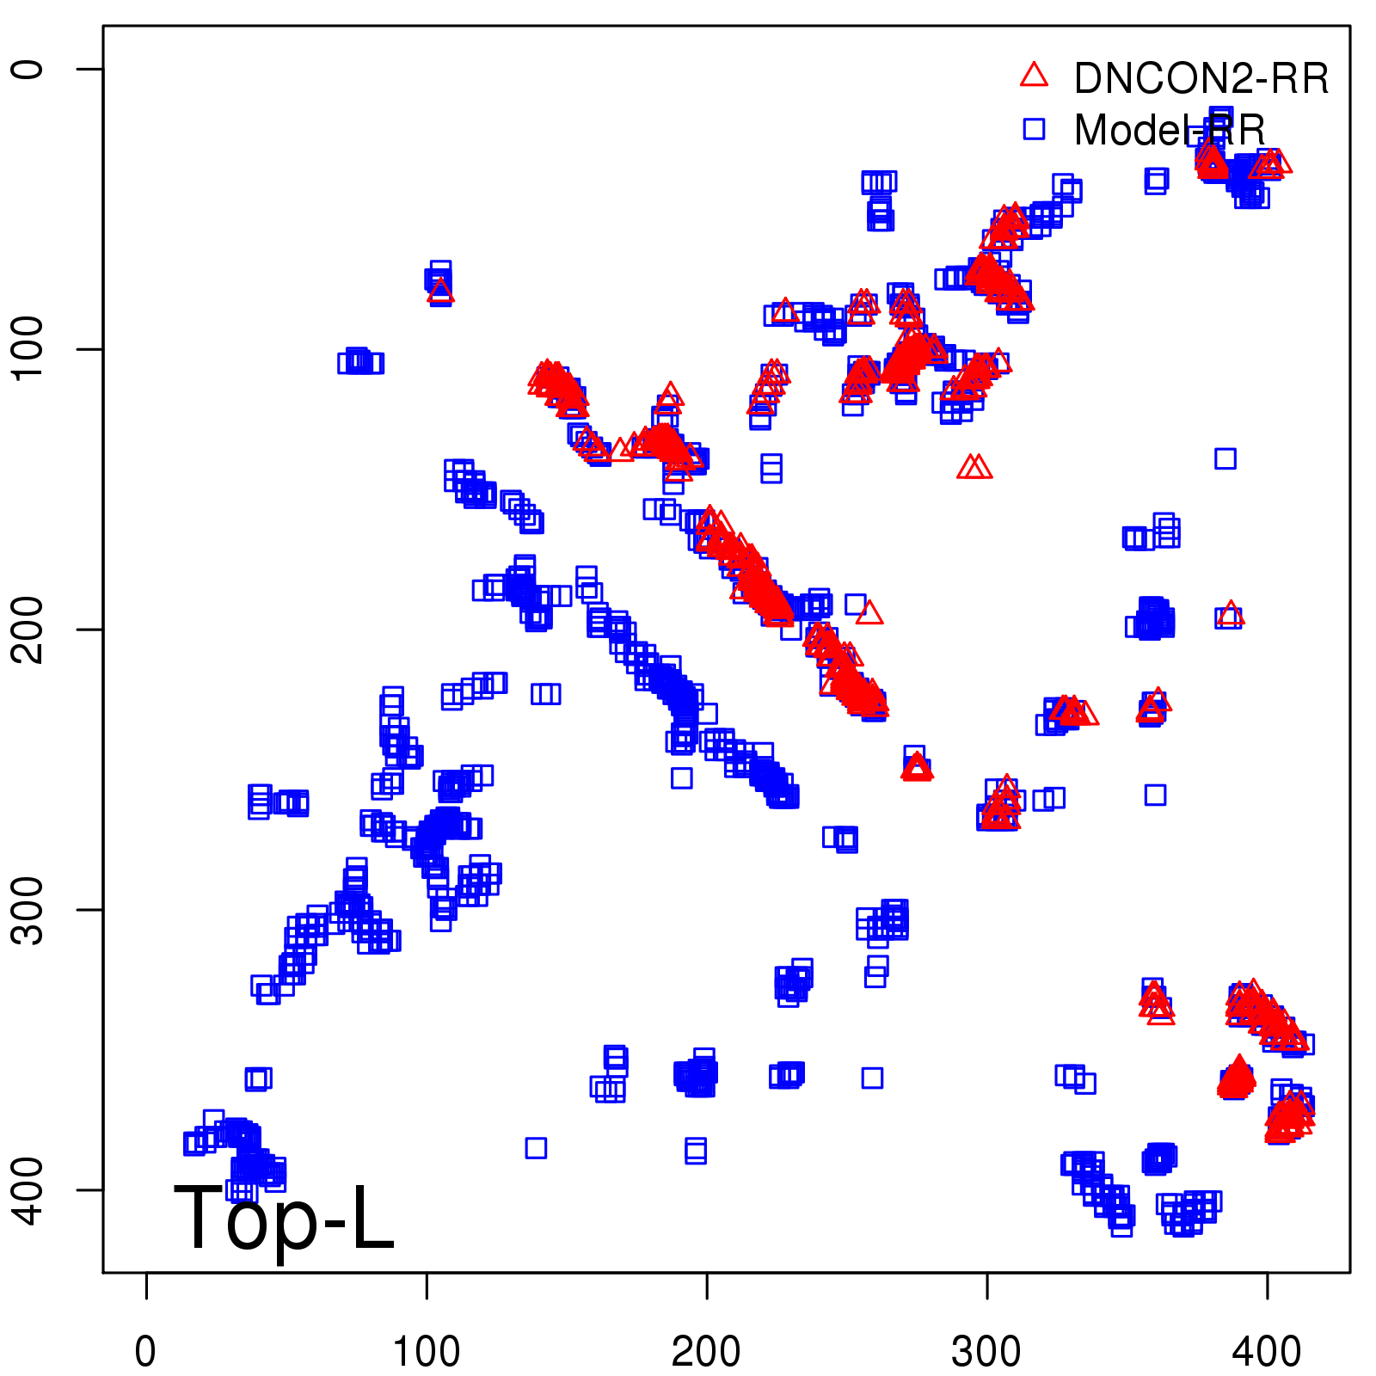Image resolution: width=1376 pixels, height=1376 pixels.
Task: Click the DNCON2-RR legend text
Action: point(1201,78)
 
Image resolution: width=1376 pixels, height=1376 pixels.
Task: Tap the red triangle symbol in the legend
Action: point(1034,76)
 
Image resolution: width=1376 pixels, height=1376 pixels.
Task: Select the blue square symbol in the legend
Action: point(1034,129)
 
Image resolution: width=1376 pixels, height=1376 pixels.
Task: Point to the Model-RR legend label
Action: point(1170,130)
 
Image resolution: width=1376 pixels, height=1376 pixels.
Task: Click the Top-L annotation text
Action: point(284,1218)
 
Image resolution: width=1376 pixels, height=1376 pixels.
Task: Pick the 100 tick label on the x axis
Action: point(427,1351)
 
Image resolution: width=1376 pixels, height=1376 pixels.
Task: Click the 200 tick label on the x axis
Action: point(706,1351)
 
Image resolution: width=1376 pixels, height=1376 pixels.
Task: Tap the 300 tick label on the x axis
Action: point(986,1351)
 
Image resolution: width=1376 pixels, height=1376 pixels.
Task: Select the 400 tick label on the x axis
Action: point(1267,1351)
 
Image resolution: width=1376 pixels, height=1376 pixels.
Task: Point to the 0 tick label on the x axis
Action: point(146,1351)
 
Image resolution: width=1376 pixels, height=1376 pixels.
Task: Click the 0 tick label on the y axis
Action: point(28,69)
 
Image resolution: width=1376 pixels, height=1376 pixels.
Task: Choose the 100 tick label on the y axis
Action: point(28,348)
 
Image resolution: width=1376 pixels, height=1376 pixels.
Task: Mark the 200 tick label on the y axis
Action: point(28,629)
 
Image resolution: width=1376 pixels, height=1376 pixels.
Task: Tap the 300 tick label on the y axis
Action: point(28,909)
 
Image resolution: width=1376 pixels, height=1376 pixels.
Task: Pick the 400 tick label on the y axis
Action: point(28,1189)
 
